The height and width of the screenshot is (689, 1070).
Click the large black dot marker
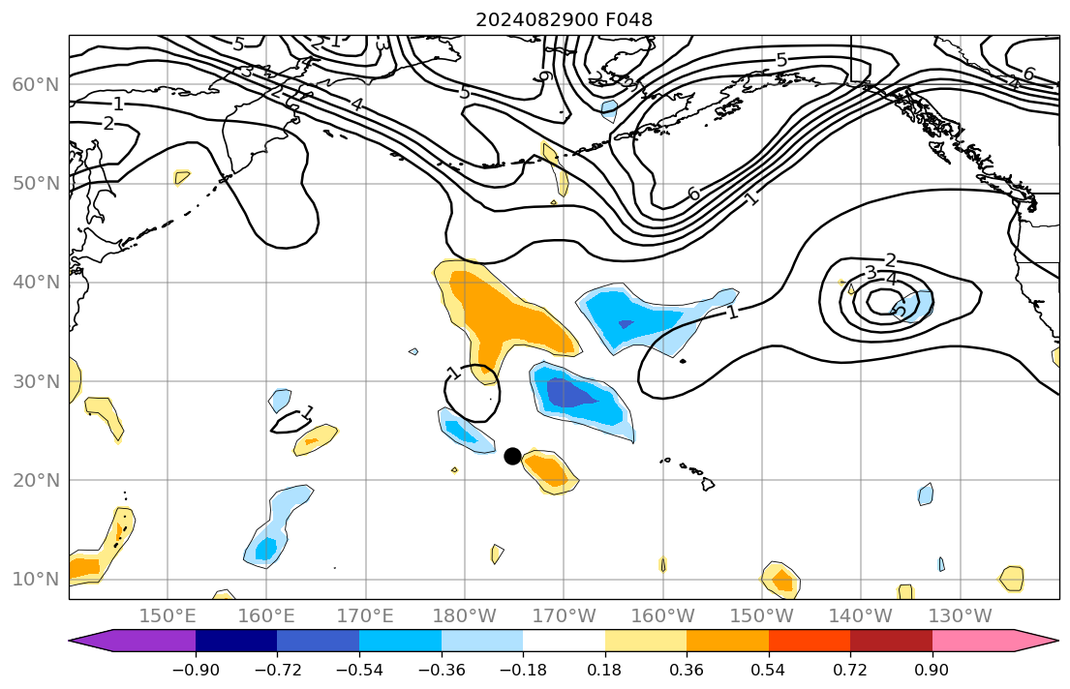512,456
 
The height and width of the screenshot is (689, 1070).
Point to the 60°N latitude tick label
35,84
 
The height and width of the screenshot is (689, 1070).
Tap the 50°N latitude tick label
35,184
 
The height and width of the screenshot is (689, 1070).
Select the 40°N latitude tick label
35,283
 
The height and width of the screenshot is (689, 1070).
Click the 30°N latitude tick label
35,381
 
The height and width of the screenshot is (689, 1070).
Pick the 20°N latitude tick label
35,481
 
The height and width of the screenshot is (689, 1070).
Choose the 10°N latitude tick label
35,580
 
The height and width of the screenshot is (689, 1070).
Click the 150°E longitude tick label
168,616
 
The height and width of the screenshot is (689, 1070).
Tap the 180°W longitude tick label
465,616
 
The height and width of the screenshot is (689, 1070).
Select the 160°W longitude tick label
663,616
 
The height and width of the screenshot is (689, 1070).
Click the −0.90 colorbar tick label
196,669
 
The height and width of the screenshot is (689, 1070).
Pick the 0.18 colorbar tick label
605,669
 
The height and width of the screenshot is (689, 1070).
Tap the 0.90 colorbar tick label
932,669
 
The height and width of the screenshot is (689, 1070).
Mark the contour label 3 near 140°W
870,272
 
